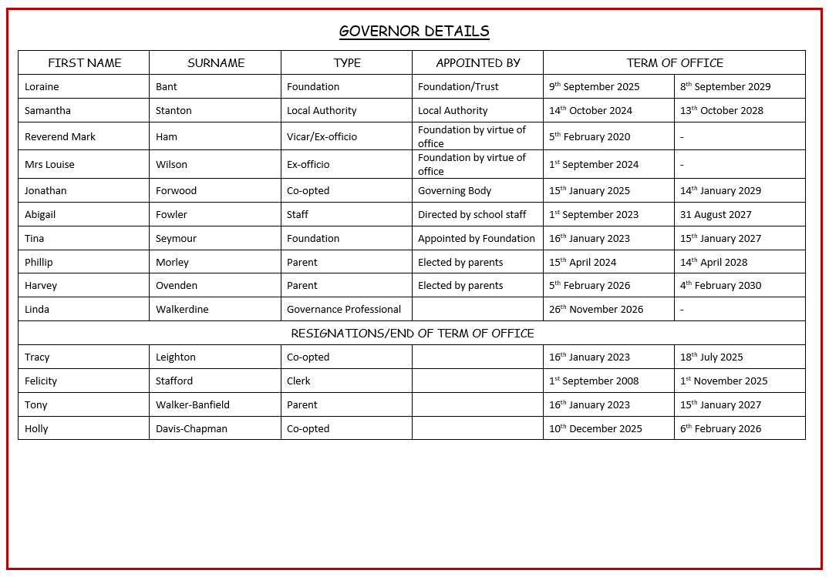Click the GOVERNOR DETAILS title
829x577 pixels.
pyautogui.click(x=414, y=32)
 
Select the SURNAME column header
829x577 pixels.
pyautogui.click(x=216, y=63)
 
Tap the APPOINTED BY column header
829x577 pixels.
pyautogui.click(x=478, y=63)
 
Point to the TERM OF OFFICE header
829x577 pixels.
pyautogui.click(x=675, y=63)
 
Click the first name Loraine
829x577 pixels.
pyautogui.click(x=42, y=87)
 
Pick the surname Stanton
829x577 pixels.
pyautogui.click(x=174, y=111)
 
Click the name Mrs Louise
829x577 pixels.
pyautogui.click(x=49, y=165)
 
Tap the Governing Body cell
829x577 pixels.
pyautogui.click(x=454, y=191)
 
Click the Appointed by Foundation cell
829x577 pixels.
pyautogui.click(x=477, y=239)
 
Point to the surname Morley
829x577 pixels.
pyautogui.click(x=172, y=263)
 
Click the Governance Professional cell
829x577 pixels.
pyautogui.click(x=344, y=310)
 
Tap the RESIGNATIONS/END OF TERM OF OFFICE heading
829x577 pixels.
pyautogui.click(x=413, y=334)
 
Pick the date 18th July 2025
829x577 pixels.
pyautogui.click(x=711, y=357)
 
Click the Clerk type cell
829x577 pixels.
pyautogui.click(x=298, y=381)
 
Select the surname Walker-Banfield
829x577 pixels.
pyautogui.click(x=193, y=405)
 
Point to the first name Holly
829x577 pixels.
pyautogui.click(x=36, y=429)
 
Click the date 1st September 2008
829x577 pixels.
pyautogui.click(x=594, y=381)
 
